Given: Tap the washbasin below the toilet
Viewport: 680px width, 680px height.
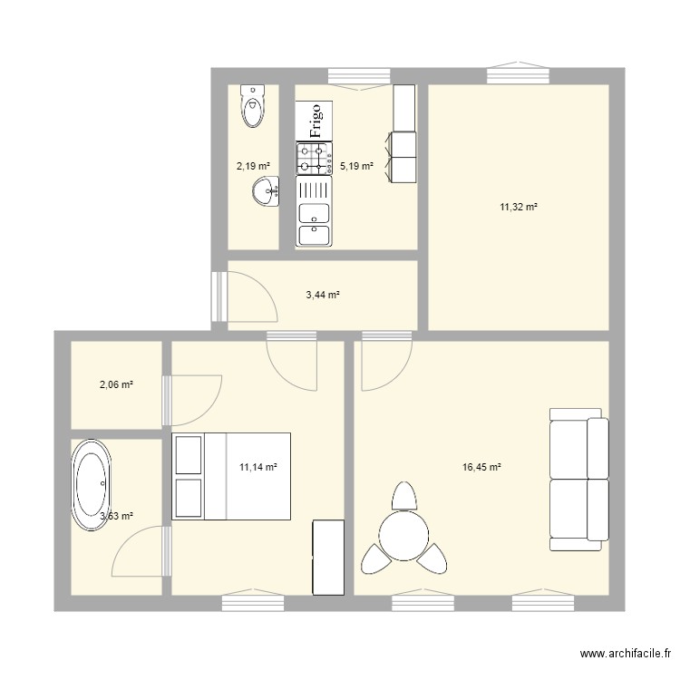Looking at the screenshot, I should tap(266, 192).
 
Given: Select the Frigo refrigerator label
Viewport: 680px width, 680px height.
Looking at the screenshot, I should tap(316, 118).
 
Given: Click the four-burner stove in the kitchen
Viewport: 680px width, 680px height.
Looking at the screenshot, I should tap(315, 159).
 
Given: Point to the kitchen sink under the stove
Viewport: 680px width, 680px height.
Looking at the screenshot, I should tap(315, 212).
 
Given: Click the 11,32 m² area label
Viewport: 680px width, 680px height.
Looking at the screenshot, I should tap(519, 208).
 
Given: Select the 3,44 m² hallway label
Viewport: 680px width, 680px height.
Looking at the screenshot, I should tap(322, 295).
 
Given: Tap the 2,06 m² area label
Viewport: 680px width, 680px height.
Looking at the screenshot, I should tap(116, 385).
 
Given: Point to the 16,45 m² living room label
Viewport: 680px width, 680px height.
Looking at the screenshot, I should tap(481, 468).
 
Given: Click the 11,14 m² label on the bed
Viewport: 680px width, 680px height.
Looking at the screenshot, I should tap(257, 468).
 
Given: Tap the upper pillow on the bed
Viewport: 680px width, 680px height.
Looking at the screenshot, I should tap(189, 453).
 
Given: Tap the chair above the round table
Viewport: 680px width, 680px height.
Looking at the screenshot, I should tap(404, 496).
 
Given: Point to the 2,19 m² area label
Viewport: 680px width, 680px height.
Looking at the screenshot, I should tap(253, 166).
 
